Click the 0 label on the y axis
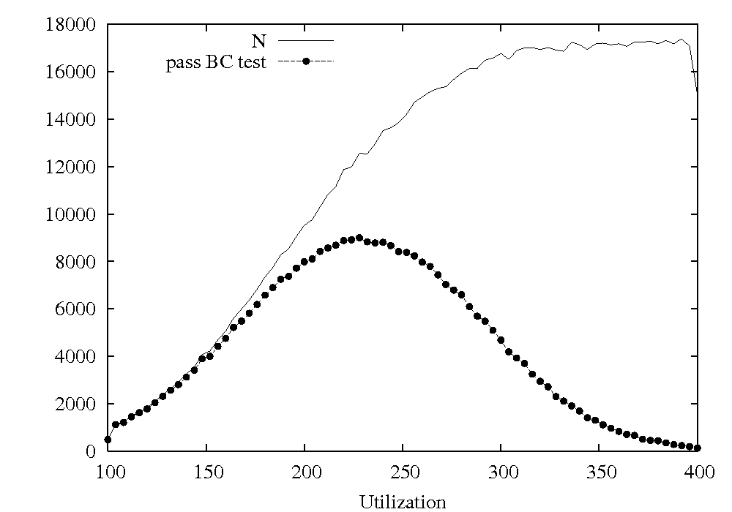91,451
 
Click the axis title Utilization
403,501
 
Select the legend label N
259,41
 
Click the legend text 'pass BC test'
216,62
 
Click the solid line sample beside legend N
306,40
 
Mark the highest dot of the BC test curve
359,238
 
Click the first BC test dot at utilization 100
108,440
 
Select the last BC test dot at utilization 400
698,448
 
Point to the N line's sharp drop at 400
694,69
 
